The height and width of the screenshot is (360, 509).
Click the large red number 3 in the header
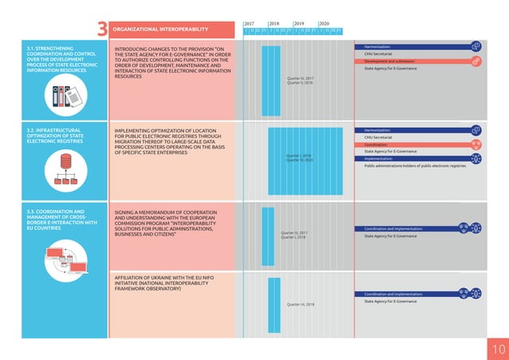click(101, 30)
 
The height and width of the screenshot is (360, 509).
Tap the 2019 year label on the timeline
click(301, 24)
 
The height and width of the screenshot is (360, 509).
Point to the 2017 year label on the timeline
click(251, 24)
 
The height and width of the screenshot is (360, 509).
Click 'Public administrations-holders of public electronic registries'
click(414, 166)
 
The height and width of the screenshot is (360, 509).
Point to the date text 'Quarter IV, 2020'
click(299, 160)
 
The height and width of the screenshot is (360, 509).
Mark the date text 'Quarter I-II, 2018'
click(300, 304)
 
